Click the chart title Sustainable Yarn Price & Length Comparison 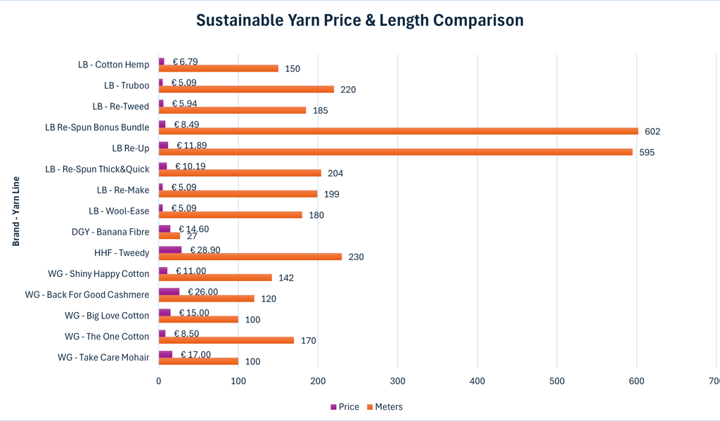point(359,20)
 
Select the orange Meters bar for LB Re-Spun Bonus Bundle point(398,131)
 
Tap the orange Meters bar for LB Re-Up point(395,152)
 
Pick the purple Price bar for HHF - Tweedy point(170,250)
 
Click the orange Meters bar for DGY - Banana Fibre point(169,235)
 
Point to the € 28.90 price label point(206,250)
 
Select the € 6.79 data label point(185,62)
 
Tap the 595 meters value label point(647,153)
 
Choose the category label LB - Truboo point(127,86)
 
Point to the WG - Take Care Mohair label point(103,358)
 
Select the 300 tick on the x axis point(397,381)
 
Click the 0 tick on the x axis point(159,381)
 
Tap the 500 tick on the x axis point(557,381)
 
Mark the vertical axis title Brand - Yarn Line point(15,211)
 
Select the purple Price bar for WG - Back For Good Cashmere point(169,291)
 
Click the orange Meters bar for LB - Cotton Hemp point(218,68)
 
